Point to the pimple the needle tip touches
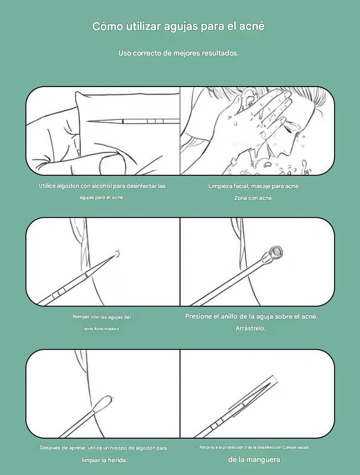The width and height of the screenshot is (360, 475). (x=117, y=254)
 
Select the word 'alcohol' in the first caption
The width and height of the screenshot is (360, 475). (x=102, y=186)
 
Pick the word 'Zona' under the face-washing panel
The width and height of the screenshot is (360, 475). (x=240, y=198)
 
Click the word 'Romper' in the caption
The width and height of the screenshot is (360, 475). (x=81, y=317)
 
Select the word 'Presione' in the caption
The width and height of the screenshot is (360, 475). (x=198, y=316)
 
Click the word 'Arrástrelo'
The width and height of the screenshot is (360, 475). (x=250, y=328)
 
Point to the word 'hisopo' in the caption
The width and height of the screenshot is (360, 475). (x=118, y=448)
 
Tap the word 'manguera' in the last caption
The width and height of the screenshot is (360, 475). (x=262, y=460)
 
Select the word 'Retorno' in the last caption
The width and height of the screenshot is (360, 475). (x=206, y=447)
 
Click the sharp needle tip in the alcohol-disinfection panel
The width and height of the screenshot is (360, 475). (x=87, y=121)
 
